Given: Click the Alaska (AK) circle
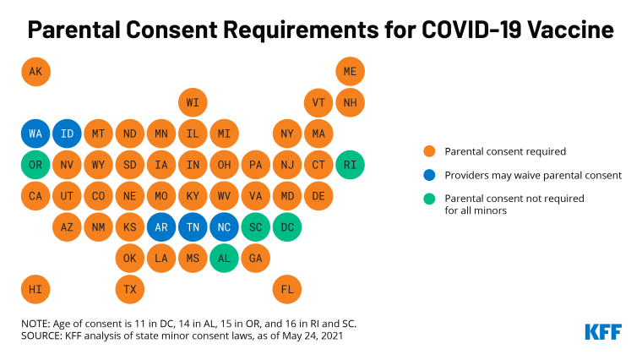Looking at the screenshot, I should (x=35, y=71).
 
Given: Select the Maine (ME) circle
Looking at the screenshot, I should (x=350, y=71).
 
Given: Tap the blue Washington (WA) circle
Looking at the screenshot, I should (x=35, y=134).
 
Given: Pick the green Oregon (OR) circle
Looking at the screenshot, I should (x=35, y=164).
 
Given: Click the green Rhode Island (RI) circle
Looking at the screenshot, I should (x=350, y=164).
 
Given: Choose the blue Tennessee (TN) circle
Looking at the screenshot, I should (x=193, y=226).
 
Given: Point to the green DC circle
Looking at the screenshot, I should (x=287, y=226).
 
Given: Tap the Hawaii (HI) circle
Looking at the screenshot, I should (x=35, y=289).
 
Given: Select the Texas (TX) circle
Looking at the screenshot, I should (x=130, y=289).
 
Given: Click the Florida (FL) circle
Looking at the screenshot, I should (x=287, y=289).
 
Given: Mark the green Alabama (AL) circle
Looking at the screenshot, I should (x=224, y=258).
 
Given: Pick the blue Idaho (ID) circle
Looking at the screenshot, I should (x=67, y=134).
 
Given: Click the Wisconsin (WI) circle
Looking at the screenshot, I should (x=193, y=102).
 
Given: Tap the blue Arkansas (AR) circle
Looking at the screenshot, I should (x=161, y=226).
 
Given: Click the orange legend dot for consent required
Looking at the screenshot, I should (x=429, y=152).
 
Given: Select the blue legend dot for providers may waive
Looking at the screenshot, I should (x=429, y=176).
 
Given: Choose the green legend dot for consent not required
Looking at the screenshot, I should (x=429, y=199).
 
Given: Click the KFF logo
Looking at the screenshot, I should (x=602, y=331).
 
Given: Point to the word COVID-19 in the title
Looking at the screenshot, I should (x=468, y=30).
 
